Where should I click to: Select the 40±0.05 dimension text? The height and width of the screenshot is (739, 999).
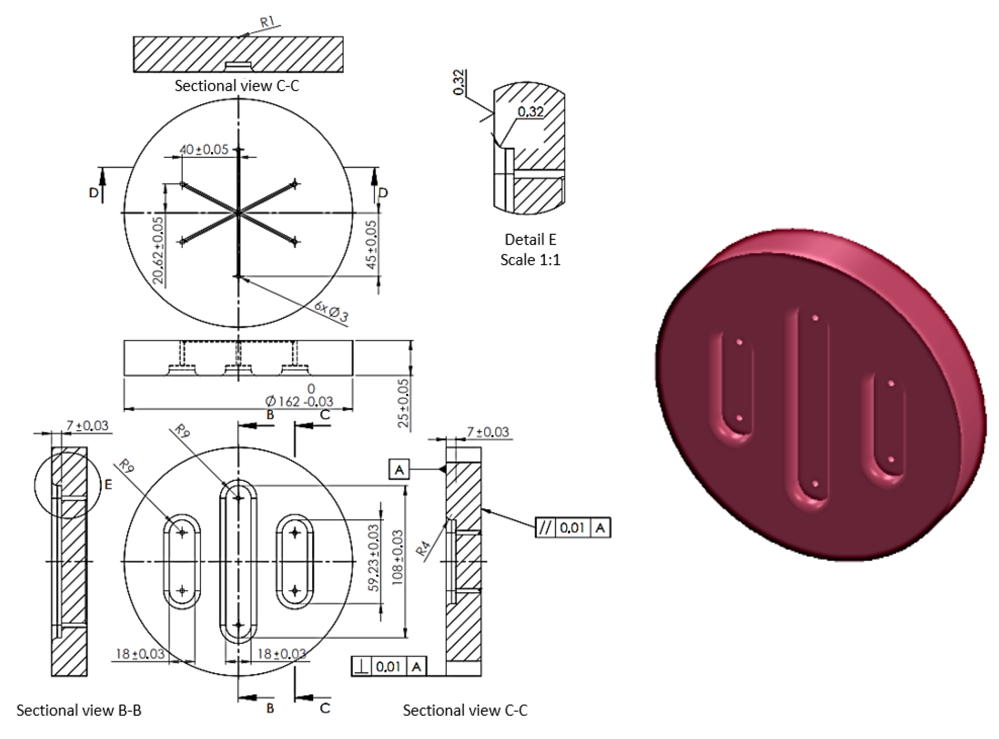point(204,149)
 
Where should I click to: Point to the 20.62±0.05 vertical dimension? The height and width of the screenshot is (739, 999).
point(158,250)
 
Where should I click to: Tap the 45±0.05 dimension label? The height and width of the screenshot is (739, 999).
point(372,244)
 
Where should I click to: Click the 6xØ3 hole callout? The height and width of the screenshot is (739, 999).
point(331,311)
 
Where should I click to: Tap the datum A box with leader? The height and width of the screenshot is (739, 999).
point(399,470)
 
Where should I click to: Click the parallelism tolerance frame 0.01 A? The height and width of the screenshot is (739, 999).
point(573,528)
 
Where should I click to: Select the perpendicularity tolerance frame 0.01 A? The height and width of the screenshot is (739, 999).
point(389,667)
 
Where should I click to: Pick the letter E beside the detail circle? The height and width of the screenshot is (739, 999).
point(108,484)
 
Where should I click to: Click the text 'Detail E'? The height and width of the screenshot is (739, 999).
point(530,240)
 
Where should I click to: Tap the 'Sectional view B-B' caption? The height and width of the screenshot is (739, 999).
point(79,710)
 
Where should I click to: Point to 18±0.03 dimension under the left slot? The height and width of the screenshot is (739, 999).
point(140,654)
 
